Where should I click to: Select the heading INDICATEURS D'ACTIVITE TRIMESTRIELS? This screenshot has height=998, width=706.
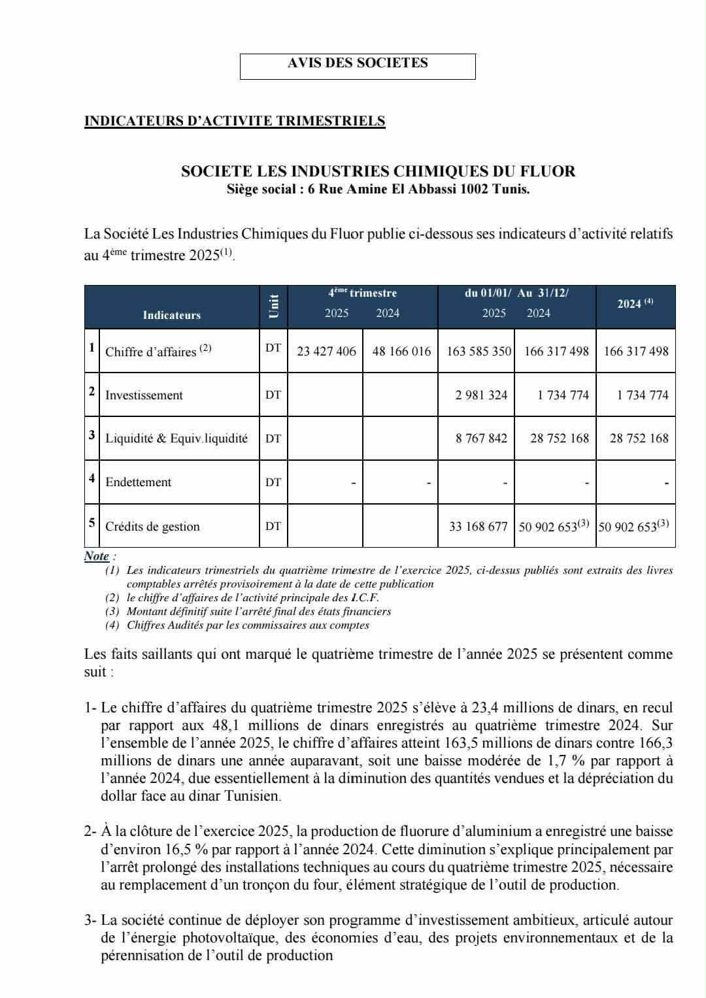235,121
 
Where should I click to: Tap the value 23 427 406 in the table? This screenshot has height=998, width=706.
326,351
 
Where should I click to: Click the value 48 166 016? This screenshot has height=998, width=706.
401,351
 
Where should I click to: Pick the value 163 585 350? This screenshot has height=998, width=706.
479,351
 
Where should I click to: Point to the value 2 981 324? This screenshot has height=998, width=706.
481,395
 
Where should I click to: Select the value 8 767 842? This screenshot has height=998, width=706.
481,438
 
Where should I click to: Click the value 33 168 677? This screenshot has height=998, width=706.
478,526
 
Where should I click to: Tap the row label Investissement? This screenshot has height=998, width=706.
144,395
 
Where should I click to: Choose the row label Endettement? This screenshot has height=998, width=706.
138,482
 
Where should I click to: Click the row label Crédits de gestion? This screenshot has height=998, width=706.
152,526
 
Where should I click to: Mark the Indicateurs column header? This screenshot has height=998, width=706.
172,315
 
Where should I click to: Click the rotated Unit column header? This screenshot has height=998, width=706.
273,307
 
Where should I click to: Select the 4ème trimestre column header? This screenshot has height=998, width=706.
362,293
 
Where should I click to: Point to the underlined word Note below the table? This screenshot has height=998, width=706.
97,556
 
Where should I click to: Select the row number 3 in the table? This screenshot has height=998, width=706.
92,435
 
